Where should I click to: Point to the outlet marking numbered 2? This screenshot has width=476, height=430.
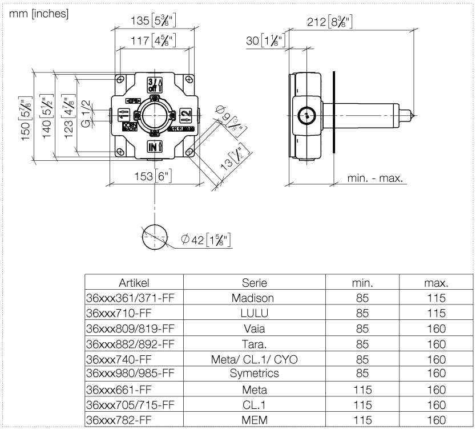[x=185, y=114]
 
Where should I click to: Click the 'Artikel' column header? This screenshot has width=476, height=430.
[x=134, y=283]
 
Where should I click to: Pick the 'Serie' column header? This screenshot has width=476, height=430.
[x=254, y=283]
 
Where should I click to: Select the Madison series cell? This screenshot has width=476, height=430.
[x=254, y=298]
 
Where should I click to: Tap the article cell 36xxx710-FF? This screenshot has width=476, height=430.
[x=118, y=314]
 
